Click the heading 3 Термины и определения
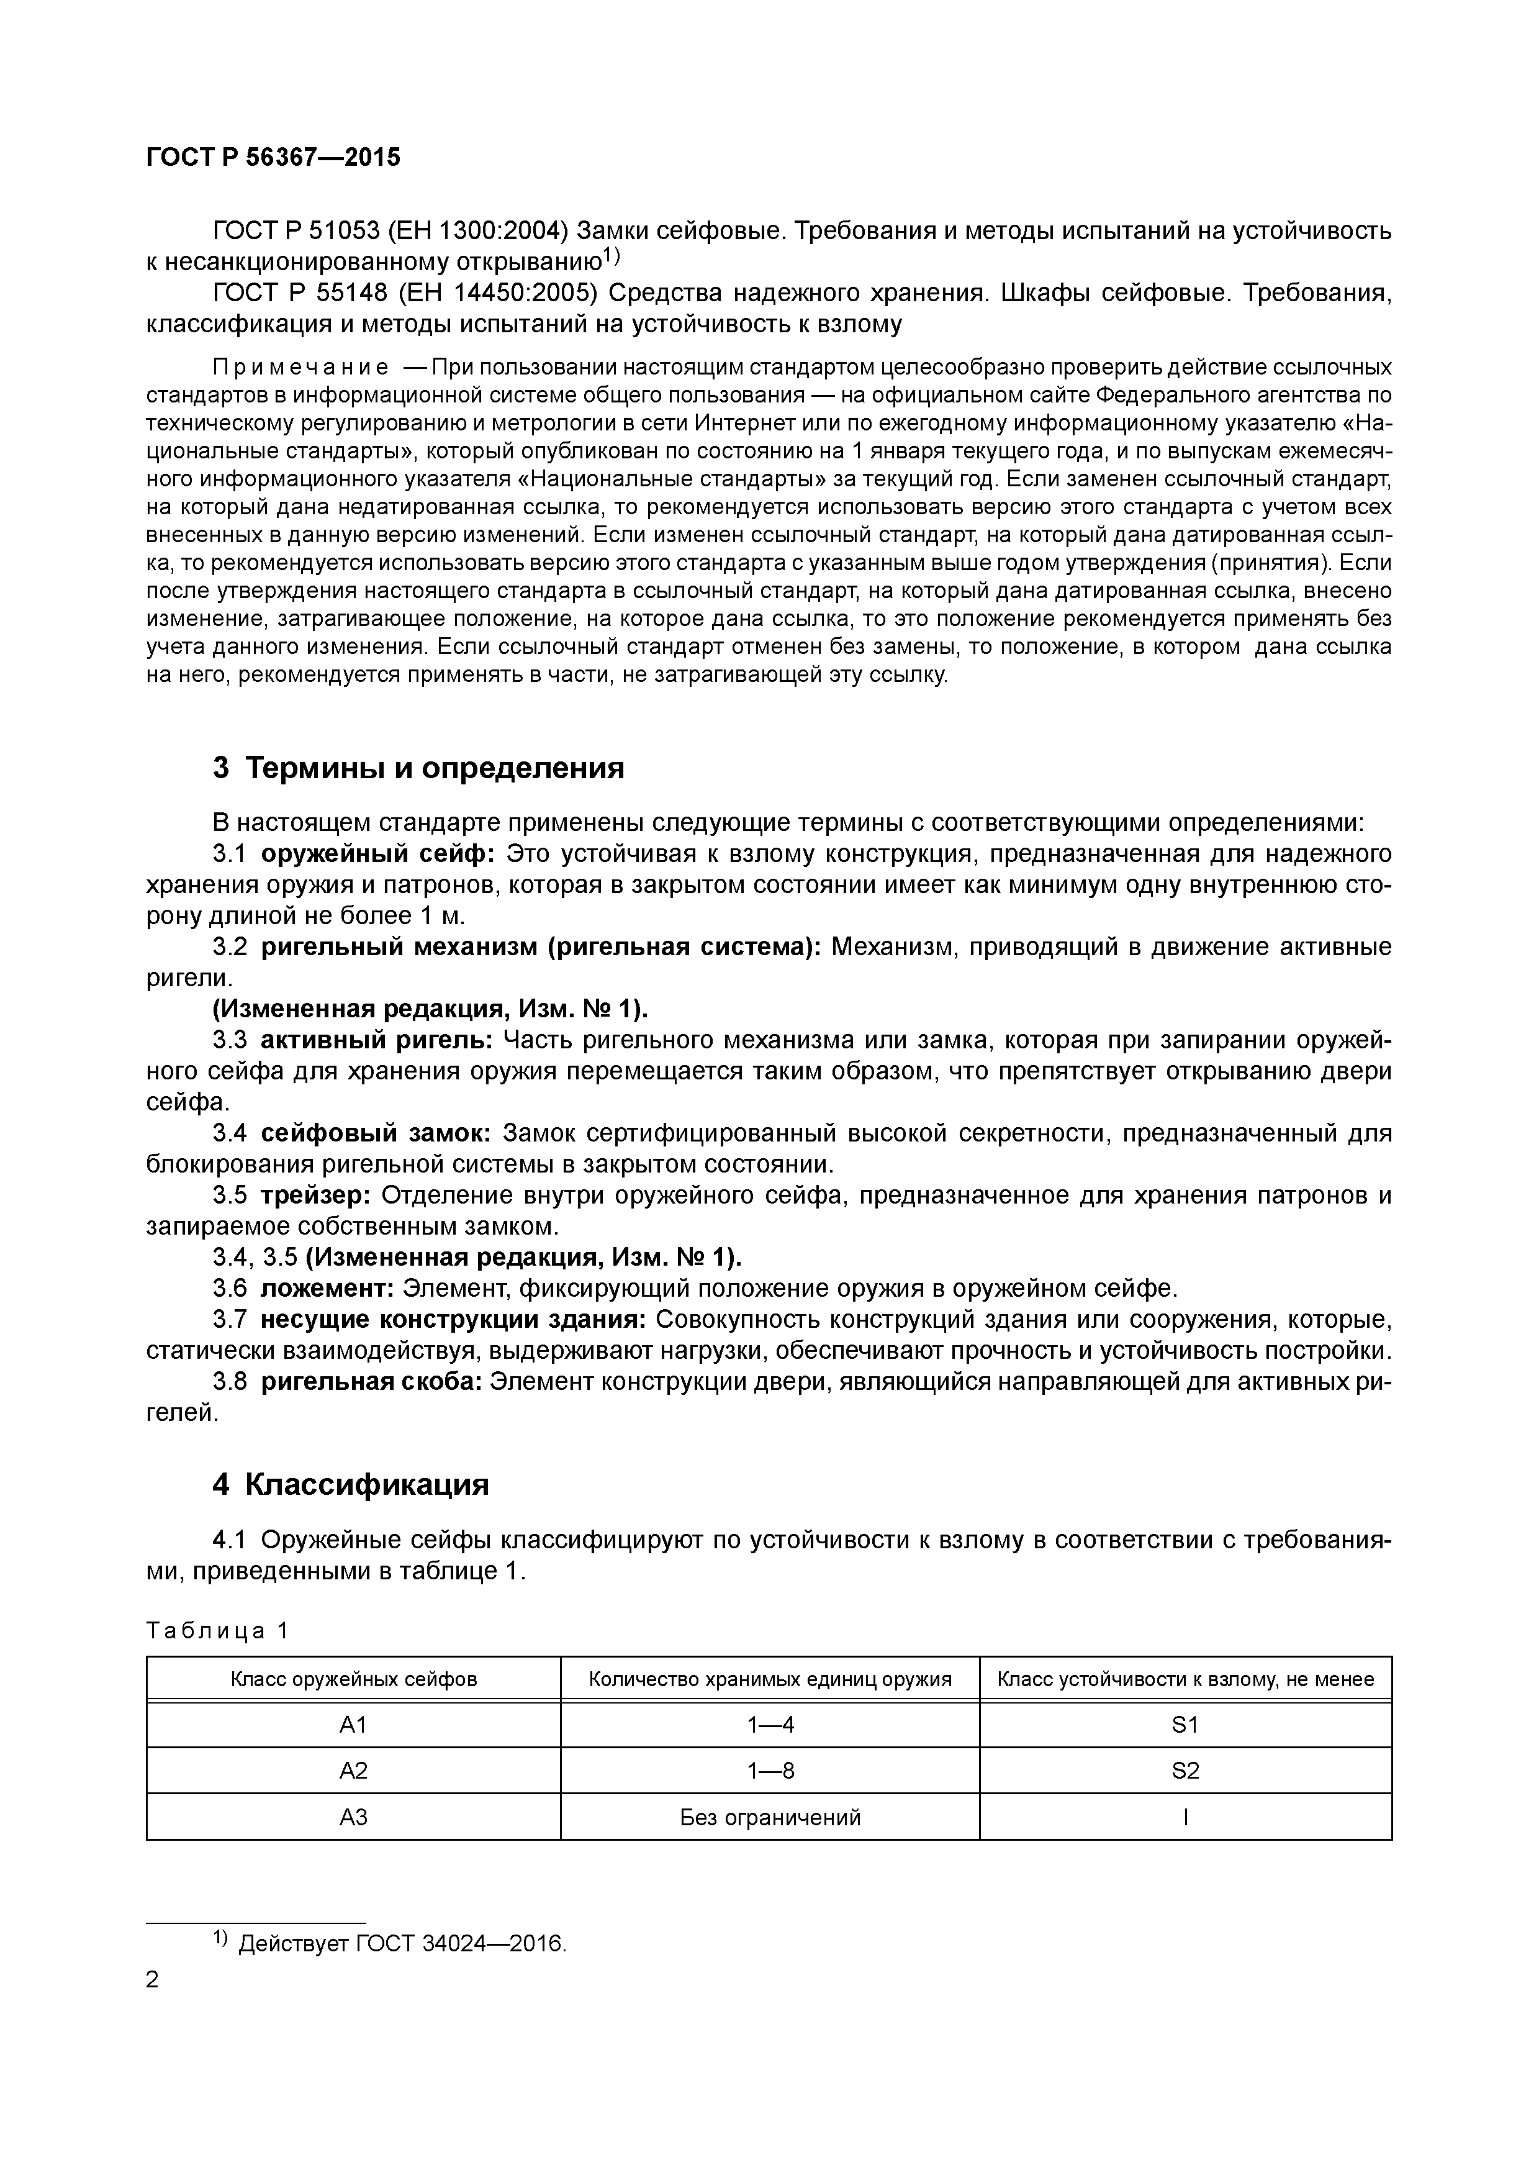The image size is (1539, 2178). tap(418, 768)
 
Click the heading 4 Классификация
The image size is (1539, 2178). tap(351, 1484)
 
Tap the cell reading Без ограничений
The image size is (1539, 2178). tap(770, 1818)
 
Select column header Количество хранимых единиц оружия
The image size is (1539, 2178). tap(770, 1680)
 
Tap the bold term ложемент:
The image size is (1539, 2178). tap(327, 1289)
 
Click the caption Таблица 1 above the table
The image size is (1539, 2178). tap(217, 1631)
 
